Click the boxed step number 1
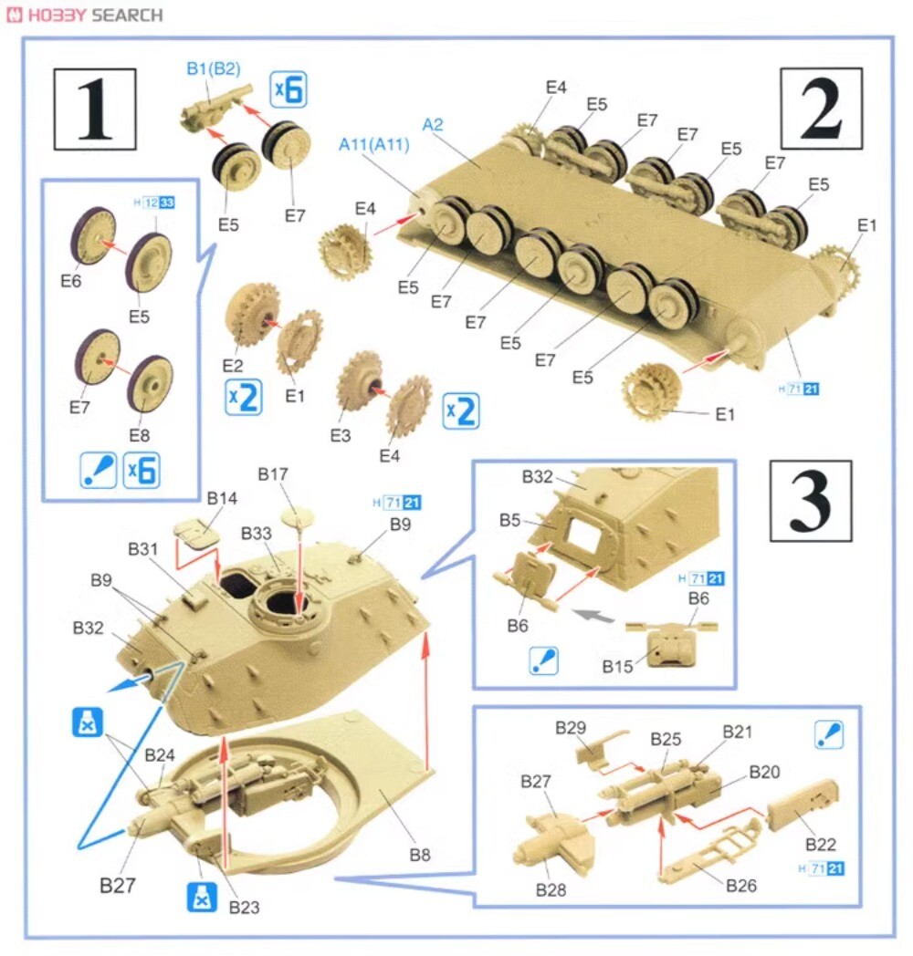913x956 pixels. pyautogui.click(x=95, y=109)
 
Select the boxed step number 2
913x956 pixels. pyautogui.click(x=822, y=109)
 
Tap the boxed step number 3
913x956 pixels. pyautogui.click(x=811, y=501)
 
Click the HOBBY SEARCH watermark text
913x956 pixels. pyautogui.click(x=85, y=15)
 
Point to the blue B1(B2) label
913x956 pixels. pyautogui.click(x=214, y=68)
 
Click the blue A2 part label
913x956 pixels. pyautogui.click(x=433, y=124)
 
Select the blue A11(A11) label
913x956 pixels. pyautogui.click(x=374, y=144)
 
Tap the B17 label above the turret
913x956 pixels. pyautogui.click(x=273, y=473)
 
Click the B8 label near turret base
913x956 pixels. pyautogui.click(x=420, y=855)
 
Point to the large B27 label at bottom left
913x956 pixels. pyautogui.click(x=117, y=885)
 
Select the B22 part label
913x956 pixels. pyautogui.click(x=821, y=845)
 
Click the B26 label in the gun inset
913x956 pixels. pyautogui.click(x=740, y=885)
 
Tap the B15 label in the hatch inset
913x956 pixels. pyautogui.click(x=617, y=667)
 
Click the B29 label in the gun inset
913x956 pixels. pyautogui.click(x=571, y=727)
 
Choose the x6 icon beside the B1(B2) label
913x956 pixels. pyautogui.click(x=289, y=89)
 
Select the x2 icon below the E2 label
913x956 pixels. pyautogui.click(x=244, y=398)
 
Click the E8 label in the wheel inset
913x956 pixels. pyautogui.click(x=139, y=435)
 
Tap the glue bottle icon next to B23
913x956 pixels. pyautogui.click(x=202, y=897)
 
